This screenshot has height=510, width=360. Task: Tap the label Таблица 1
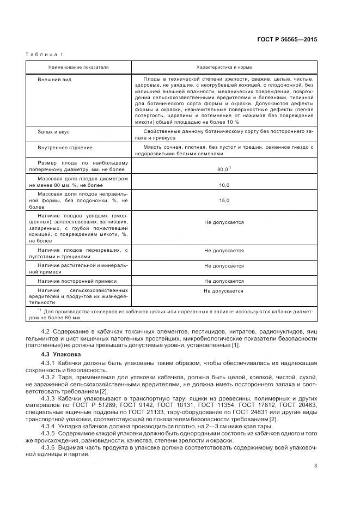44,54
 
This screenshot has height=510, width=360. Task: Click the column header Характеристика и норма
223,67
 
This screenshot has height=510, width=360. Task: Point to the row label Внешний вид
54,80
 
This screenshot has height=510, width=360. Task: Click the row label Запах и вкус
53,132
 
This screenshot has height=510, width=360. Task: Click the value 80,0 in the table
222,169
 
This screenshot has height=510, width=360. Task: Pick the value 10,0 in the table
224,185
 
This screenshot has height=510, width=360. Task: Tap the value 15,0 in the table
224,201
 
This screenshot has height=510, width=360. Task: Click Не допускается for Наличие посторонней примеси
224,281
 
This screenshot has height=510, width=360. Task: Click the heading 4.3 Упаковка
60,354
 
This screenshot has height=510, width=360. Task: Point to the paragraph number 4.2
46,332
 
